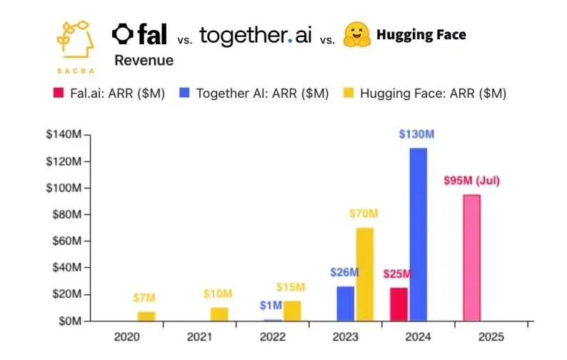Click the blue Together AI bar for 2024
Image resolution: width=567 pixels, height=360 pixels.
pos(418,234)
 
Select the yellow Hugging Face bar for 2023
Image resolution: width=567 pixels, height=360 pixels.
pos(364,274)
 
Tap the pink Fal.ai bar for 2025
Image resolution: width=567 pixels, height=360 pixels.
pos(471,258)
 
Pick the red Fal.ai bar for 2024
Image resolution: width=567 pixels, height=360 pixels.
pos(398,304)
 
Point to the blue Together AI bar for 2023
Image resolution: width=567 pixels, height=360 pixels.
pos(345,304)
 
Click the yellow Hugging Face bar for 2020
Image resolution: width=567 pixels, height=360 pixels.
pos(146,316)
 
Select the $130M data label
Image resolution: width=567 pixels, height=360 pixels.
pos(418,135)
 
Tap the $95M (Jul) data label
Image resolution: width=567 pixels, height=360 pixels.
pos(471,181)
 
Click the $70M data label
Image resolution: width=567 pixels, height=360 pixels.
pos(365,214)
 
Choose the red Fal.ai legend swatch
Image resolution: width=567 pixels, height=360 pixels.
pos(60,94)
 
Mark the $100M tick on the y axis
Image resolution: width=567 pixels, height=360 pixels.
pos(66,188)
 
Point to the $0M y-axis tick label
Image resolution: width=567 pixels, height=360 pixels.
pos(70,321)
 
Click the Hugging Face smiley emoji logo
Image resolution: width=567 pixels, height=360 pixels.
pos(357,34)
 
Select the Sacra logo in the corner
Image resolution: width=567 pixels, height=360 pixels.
pos(74,44)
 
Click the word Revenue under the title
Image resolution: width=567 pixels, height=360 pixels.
pos(144,61)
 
